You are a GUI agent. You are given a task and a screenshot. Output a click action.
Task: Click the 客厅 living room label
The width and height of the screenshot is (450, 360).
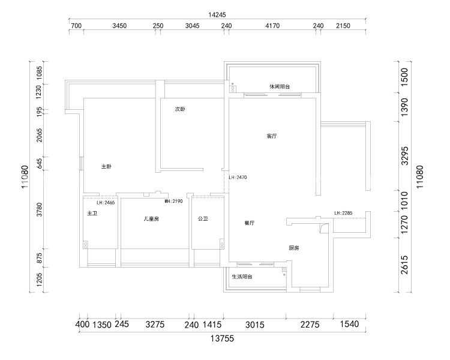(271, 136)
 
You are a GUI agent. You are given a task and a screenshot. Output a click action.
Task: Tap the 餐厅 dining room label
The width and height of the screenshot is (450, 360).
(250, 223)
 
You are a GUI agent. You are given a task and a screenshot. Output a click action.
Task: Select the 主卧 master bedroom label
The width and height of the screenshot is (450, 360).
(106, 166)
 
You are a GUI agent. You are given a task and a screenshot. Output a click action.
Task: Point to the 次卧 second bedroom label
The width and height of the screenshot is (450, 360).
(180, 109)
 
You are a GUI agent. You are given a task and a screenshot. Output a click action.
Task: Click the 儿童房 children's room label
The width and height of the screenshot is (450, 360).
(151, 219)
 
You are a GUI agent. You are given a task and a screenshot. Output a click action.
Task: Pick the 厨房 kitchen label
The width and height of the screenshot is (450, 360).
(294, 248)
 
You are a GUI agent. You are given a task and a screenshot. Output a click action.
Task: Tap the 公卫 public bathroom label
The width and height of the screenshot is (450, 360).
(203, 219)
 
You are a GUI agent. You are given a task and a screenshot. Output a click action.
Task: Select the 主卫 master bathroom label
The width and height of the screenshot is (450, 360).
(92, 214)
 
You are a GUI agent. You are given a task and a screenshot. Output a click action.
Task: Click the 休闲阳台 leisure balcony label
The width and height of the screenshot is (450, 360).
(280, 86)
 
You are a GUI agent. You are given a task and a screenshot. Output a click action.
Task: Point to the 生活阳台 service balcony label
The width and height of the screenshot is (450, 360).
(242, 277)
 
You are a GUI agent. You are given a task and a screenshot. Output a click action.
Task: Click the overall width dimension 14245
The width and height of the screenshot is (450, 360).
(217, 14)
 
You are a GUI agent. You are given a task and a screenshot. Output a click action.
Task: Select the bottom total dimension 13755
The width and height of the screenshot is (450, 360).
(222, 338)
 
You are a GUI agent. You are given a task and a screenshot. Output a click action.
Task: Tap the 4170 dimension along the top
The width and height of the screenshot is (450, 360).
(272, 26)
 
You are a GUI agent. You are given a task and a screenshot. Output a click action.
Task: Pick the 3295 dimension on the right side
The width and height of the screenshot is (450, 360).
(404, 156)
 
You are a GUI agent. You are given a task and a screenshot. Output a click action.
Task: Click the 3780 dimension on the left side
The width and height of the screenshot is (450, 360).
(39, 209)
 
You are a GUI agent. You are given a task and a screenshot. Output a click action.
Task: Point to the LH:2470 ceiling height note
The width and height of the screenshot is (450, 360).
(238, 178)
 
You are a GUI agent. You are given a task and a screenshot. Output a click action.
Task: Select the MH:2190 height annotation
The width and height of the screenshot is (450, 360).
(173, 201)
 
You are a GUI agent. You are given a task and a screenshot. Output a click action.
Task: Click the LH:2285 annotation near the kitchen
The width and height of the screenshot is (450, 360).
(343, 213)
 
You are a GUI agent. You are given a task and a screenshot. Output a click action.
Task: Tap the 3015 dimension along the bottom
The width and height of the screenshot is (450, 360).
(255, 325)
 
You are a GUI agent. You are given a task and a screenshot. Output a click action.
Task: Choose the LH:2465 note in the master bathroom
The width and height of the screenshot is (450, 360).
(106, 203)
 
